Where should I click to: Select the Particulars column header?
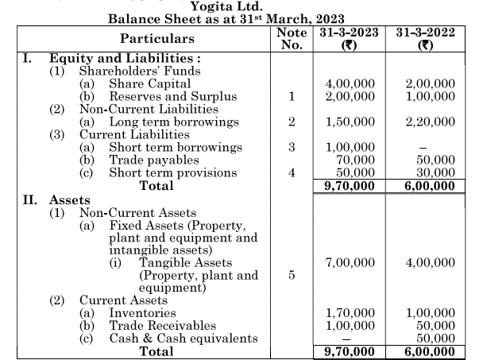click(156, 38)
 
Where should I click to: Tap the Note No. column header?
click(292, 38)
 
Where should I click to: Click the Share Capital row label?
click(149, 83)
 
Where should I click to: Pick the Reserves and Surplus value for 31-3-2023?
click(350, 96)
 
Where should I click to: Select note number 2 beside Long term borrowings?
click(292, 122)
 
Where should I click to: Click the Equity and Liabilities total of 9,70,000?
click(350, 187)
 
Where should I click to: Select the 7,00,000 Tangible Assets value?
click(350, 262)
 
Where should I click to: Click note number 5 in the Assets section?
click(292, 275)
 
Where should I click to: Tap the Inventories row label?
click(142, 313)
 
